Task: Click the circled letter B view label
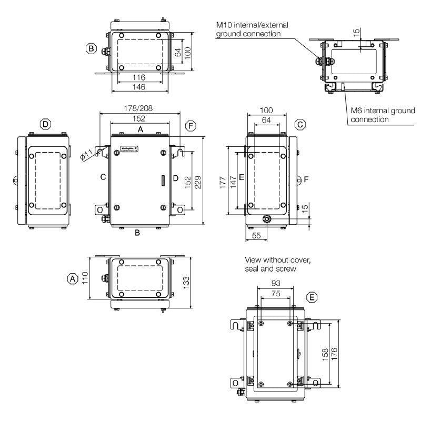pyautogui.click(x=91, y=49)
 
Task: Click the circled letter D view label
pyautogui.click(x=46, y=125)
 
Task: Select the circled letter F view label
pyautogui.click(x=191, y=125)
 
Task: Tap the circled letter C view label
pyautogui.click(x=300, y=125)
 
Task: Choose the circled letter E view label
pyautogui.click(x=312, y=298)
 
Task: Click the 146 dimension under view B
pyautogui.click(x=139, y=86)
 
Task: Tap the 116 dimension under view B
pyautogui.click(x=139, y=77)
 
